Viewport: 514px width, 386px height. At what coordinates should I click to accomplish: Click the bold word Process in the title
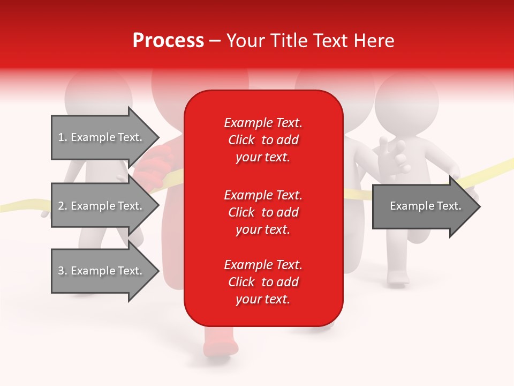[x=168, y=41]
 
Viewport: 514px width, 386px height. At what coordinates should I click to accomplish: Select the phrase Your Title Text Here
[x=310, y=41]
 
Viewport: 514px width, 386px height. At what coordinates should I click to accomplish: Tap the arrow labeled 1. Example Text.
[x=100, y=137]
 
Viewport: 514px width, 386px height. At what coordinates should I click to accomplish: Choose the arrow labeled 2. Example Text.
[x=100, y=206]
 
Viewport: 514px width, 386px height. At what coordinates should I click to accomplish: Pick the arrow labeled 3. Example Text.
[x=100, y=271]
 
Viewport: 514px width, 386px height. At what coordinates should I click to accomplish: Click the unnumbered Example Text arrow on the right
[x=425, y=206]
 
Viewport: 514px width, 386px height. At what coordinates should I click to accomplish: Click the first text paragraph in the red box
[x=263, y=140]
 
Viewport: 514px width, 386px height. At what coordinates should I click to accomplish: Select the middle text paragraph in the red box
[x=263, y=212]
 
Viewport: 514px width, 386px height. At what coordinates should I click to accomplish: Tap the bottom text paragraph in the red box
[x=263, y=282]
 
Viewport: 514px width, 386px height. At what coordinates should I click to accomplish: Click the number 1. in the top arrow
[x=62, y=137]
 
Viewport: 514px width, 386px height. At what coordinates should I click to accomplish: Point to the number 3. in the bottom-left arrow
[x=62, y=271]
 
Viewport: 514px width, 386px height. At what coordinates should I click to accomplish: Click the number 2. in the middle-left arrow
[x=62, y=206]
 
